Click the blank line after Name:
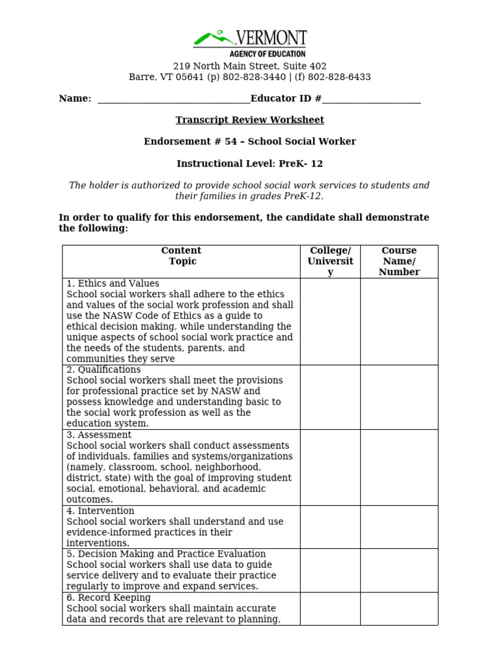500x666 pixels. click(x=173, y=99)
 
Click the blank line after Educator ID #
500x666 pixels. click(x=371, y=99)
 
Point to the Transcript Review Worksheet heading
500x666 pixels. click(x=249, y=120)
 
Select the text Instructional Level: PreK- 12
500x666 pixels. click(x=249, y=163)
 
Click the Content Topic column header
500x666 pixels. click(x=181, y=256)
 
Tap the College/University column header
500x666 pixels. click(x=330, y=261)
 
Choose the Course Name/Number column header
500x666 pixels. click(x=398, y=261)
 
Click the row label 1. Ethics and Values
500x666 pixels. click(x=113, y=284)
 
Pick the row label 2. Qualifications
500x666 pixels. click(x=104, y=369)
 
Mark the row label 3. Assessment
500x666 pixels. click(x=99, y=434)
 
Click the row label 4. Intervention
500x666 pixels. click(x=100, y=511)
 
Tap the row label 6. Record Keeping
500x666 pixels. click(x=109, y=597)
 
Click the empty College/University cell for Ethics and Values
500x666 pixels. click(x=330, y=321)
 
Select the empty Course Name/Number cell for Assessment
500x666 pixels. click(x=398, y=467)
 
